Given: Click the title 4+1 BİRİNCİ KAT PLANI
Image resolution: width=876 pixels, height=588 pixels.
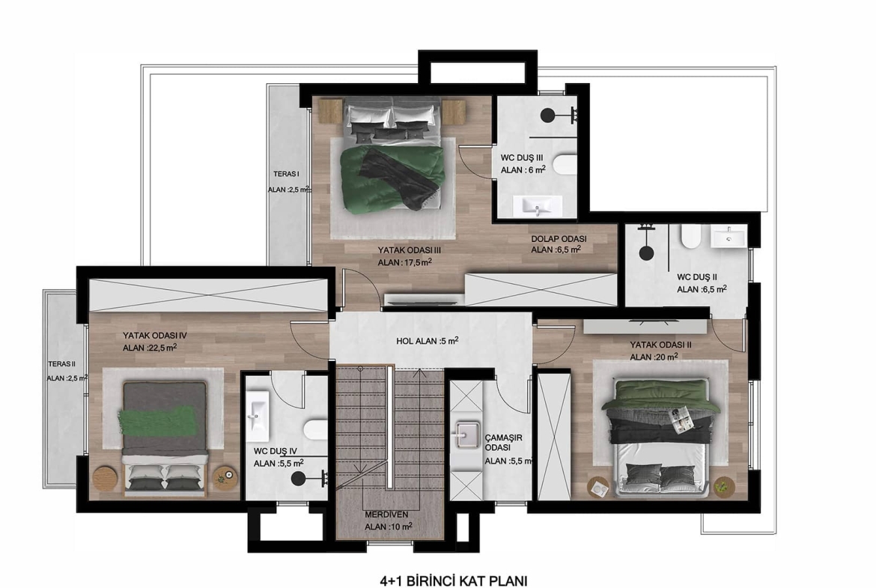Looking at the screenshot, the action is pos(453,581).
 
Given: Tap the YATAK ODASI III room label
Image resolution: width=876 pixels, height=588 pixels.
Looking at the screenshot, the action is pos(410,250).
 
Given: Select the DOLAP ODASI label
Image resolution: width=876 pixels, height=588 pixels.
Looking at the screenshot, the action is pos(559,239).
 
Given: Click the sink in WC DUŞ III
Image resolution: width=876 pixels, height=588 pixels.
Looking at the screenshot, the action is pos(538,206).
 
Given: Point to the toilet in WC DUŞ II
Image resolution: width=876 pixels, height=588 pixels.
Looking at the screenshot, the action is pos(690,236).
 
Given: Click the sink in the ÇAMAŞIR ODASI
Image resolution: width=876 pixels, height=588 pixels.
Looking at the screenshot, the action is pos(467,434).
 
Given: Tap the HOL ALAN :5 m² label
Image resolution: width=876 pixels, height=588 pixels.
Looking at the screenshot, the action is pos(428,340).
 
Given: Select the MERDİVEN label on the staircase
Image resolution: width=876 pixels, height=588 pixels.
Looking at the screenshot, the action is pos(386,515).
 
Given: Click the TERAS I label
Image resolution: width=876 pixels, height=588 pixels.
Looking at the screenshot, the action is pos(286,174).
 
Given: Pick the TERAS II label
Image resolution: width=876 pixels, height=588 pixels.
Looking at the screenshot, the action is pos(61,364).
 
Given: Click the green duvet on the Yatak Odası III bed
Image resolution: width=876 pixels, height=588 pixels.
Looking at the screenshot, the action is pos(392,179).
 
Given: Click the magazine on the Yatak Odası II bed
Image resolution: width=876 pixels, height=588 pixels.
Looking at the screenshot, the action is pos(683,420).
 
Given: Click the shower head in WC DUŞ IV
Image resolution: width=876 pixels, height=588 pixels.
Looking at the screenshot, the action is pos(298,479).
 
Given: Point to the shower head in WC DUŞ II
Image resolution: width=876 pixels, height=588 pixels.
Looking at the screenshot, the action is pos(646,252).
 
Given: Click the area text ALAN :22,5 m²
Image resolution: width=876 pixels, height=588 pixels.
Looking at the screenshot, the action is pos(150,348).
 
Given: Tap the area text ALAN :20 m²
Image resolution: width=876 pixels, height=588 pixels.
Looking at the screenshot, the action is pos(654,357).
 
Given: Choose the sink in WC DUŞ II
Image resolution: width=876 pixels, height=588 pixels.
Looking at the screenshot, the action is pos(729,236).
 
